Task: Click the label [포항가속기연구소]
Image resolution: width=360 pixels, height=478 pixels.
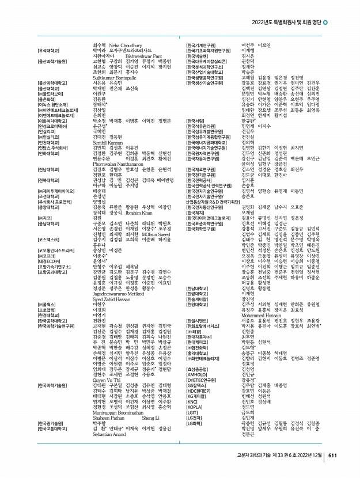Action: click(56, 267)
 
